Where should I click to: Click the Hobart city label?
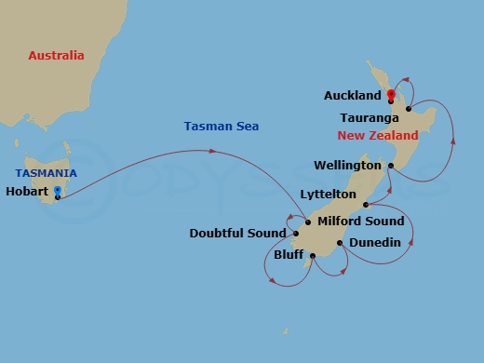coord(28,193)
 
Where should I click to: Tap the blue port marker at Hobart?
coord(58,192)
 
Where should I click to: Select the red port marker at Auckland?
coord(391,94)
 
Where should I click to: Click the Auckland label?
coord(353,96)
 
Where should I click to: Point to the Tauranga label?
coord(370,118)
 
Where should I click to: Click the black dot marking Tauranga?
coord(409,109)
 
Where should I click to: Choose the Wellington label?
coord(348,166)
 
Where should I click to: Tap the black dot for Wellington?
coord(391,166)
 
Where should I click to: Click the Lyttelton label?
coord(328,195)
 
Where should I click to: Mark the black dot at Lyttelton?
coord(365,204)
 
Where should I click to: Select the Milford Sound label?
coord(361,221)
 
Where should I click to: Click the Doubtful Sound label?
coord(236,234)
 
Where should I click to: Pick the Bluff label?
coord(289,254)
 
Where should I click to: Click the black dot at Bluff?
coord(313,255)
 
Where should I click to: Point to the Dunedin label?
coord(375,243)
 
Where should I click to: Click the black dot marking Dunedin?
coord(340,243)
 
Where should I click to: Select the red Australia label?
coord(56,56)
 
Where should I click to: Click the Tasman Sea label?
coord(222,127)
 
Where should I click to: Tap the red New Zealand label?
coord(378,136)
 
